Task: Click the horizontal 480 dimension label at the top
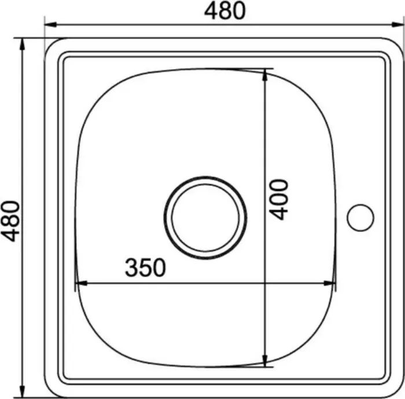224,11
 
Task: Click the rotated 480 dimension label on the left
10,221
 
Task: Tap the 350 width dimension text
145,268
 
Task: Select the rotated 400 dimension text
278,199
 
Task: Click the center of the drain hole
205,218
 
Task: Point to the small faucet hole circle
360,218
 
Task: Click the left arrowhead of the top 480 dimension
50,24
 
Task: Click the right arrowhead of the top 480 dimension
397,24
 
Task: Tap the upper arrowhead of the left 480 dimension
22,44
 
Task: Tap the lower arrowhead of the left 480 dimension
22,391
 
